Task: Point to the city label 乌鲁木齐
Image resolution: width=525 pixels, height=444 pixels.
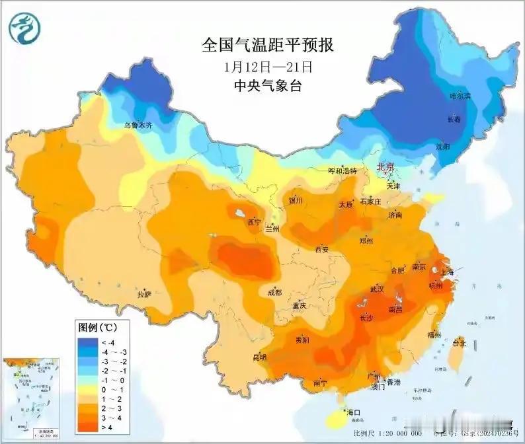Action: point(138,124)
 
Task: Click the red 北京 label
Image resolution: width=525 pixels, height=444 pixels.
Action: point(385,167)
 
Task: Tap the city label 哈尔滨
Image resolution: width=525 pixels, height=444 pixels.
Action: point(460,96)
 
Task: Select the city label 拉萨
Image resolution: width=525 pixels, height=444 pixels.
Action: point(144,294)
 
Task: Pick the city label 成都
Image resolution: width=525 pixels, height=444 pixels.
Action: point(274,292)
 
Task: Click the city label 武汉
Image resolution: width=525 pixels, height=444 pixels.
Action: point(378,289)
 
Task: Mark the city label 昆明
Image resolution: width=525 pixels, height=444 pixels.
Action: point(259,357)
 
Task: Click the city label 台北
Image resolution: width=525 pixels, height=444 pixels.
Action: point(458,343)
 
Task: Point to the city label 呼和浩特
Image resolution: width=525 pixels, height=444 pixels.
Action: point(343,170)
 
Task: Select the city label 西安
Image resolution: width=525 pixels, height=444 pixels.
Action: point(322,249)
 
